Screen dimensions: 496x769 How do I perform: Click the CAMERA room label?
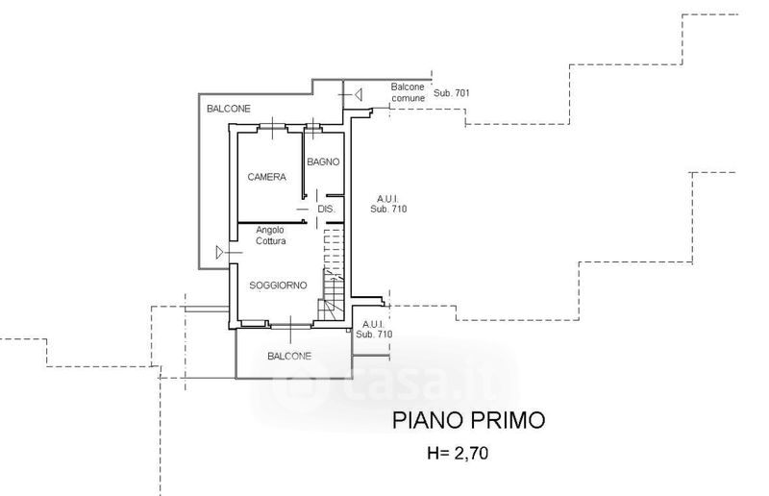coord(266,177)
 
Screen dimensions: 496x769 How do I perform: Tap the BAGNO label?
coord(323,161)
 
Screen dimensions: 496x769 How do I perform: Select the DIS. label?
coord(325,209)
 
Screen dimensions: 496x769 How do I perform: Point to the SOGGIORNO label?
coord(278,285)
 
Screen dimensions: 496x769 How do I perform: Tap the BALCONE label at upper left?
coord(229,109)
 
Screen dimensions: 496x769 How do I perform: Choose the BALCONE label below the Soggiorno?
coord(289,356)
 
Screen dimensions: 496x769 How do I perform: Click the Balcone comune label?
coord(407,92)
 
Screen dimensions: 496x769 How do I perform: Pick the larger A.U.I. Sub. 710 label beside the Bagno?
coord(381,204)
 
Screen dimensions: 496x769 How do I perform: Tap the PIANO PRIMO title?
coord(467,420)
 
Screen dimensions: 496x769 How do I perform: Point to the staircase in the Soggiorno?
coord(333,275)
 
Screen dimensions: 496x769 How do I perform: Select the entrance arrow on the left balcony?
coord(222,252)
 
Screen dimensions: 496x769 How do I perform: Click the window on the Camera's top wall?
coord(273,126)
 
